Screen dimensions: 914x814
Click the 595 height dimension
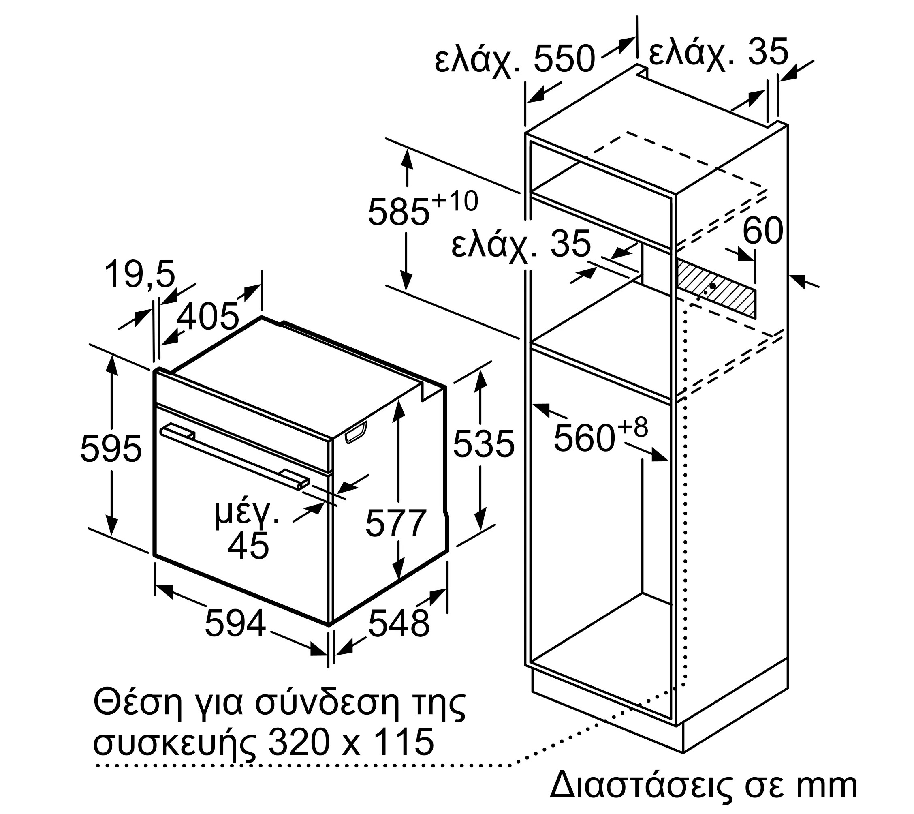click(x=111, y=448)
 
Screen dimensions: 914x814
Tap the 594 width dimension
click(x=235, y=623)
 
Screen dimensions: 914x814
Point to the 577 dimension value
click(x=396, y=523)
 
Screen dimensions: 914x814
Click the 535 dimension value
click(x=484, y=444)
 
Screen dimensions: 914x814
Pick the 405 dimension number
click(x=208, y=317)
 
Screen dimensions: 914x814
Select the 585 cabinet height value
click(x=398, y=212)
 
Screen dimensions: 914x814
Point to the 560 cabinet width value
click(x=584, y=439)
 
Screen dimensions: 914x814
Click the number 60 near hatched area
click(x=763, y=231)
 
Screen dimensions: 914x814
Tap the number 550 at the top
click(x=564, y=59)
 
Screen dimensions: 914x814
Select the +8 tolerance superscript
click(x=632, y=427)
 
